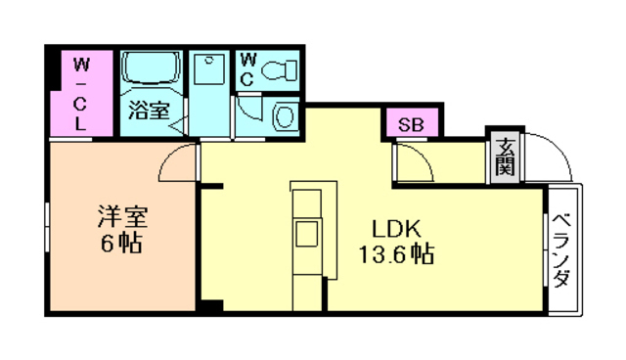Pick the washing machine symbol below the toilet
[285, 115]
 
